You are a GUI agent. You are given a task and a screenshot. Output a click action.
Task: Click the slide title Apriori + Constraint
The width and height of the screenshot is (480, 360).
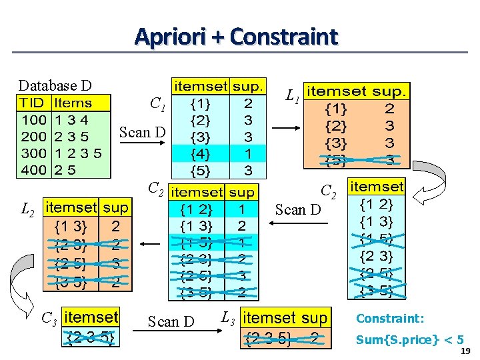pyautogui.click(x=236, y=37)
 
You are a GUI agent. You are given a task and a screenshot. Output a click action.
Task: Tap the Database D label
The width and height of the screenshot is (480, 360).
pyautogui.click(x=55, y=85)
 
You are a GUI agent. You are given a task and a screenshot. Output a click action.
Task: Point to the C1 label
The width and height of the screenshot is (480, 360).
pyautogui.click(x=158, y=103)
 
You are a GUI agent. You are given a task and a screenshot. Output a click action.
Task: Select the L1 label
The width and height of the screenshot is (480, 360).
pyautogui.click(x=292, y=97)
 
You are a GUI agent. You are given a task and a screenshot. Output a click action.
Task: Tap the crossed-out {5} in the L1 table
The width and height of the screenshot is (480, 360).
pyautogui.click(x=335, y=160)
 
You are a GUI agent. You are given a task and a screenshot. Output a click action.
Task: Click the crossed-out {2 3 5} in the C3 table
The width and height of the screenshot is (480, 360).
pyautogui.click(x=91, y=338)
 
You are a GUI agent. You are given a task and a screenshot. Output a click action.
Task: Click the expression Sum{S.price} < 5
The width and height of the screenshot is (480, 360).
pyautogui.click(x=409, y=339)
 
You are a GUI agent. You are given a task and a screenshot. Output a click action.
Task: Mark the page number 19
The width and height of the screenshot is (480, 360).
pyautogui.click(x=465, y=351)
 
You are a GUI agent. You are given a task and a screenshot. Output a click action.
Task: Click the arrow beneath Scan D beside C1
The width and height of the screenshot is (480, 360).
pyautogui.click(x=142, y=145)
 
